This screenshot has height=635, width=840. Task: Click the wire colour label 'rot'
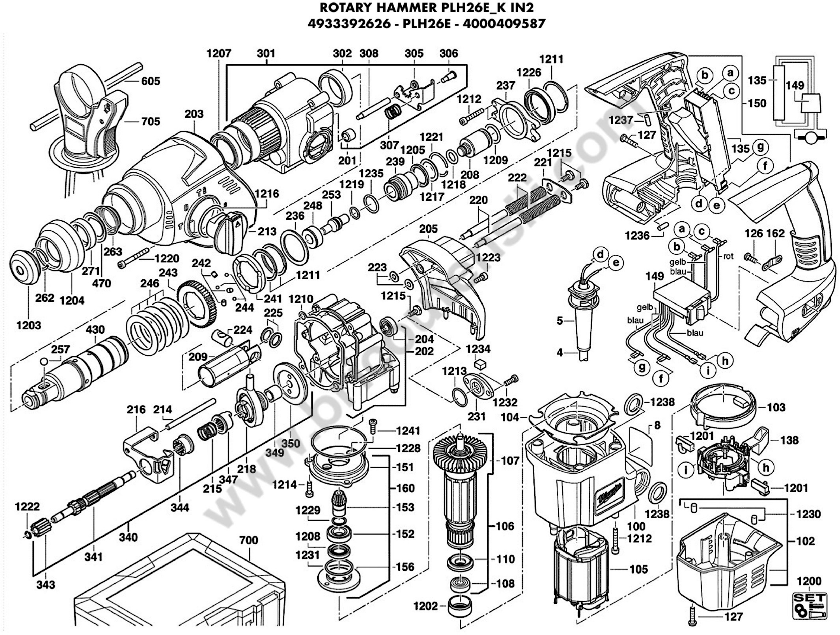coord(728,256)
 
